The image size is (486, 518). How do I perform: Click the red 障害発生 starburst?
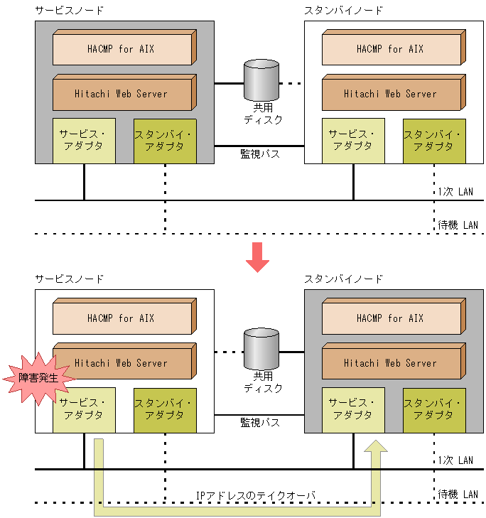point(38,378)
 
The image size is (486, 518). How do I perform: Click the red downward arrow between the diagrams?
point(257,257)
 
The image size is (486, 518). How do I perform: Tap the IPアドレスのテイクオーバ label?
point(256,495)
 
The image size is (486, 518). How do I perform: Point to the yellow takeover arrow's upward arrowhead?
point(376,446)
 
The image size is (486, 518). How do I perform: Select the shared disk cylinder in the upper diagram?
point(261,80)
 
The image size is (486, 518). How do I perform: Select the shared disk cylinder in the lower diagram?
point(261,349)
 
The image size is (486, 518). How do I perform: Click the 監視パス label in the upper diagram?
point(260,154)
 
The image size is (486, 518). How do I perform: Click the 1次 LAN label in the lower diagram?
point(455,460)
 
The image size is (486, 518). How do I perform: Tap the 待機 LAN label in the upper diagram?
point(458,225)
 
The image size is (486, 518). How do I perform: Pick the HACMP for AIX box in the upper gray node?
point(124,47)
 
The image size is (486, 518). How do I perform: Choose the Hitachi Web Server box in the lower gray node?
point(394,361)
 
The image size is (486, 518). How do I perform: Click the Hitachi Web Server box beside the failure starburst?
point(124,361)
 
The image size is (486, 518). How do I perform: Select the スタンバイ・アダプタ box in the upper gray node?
point(165,141)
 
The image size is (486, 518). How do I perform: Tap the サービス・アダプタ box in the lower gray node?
point(353,410)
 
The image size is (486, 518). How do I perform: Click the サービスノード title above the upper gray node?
point(70,11)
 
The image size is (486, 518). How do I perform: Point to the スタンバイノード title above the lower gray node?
point(343,279)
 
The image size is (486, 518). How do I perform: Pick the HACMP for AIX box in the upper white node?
point(394,47)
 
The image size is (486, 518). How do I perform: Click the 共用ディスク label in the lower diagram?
point(263,382)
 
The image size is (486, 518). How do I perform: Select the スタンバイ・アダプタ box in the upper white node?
point(434,141)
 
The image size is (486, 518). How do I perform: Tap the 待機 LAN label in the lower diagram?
point(458,495)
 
